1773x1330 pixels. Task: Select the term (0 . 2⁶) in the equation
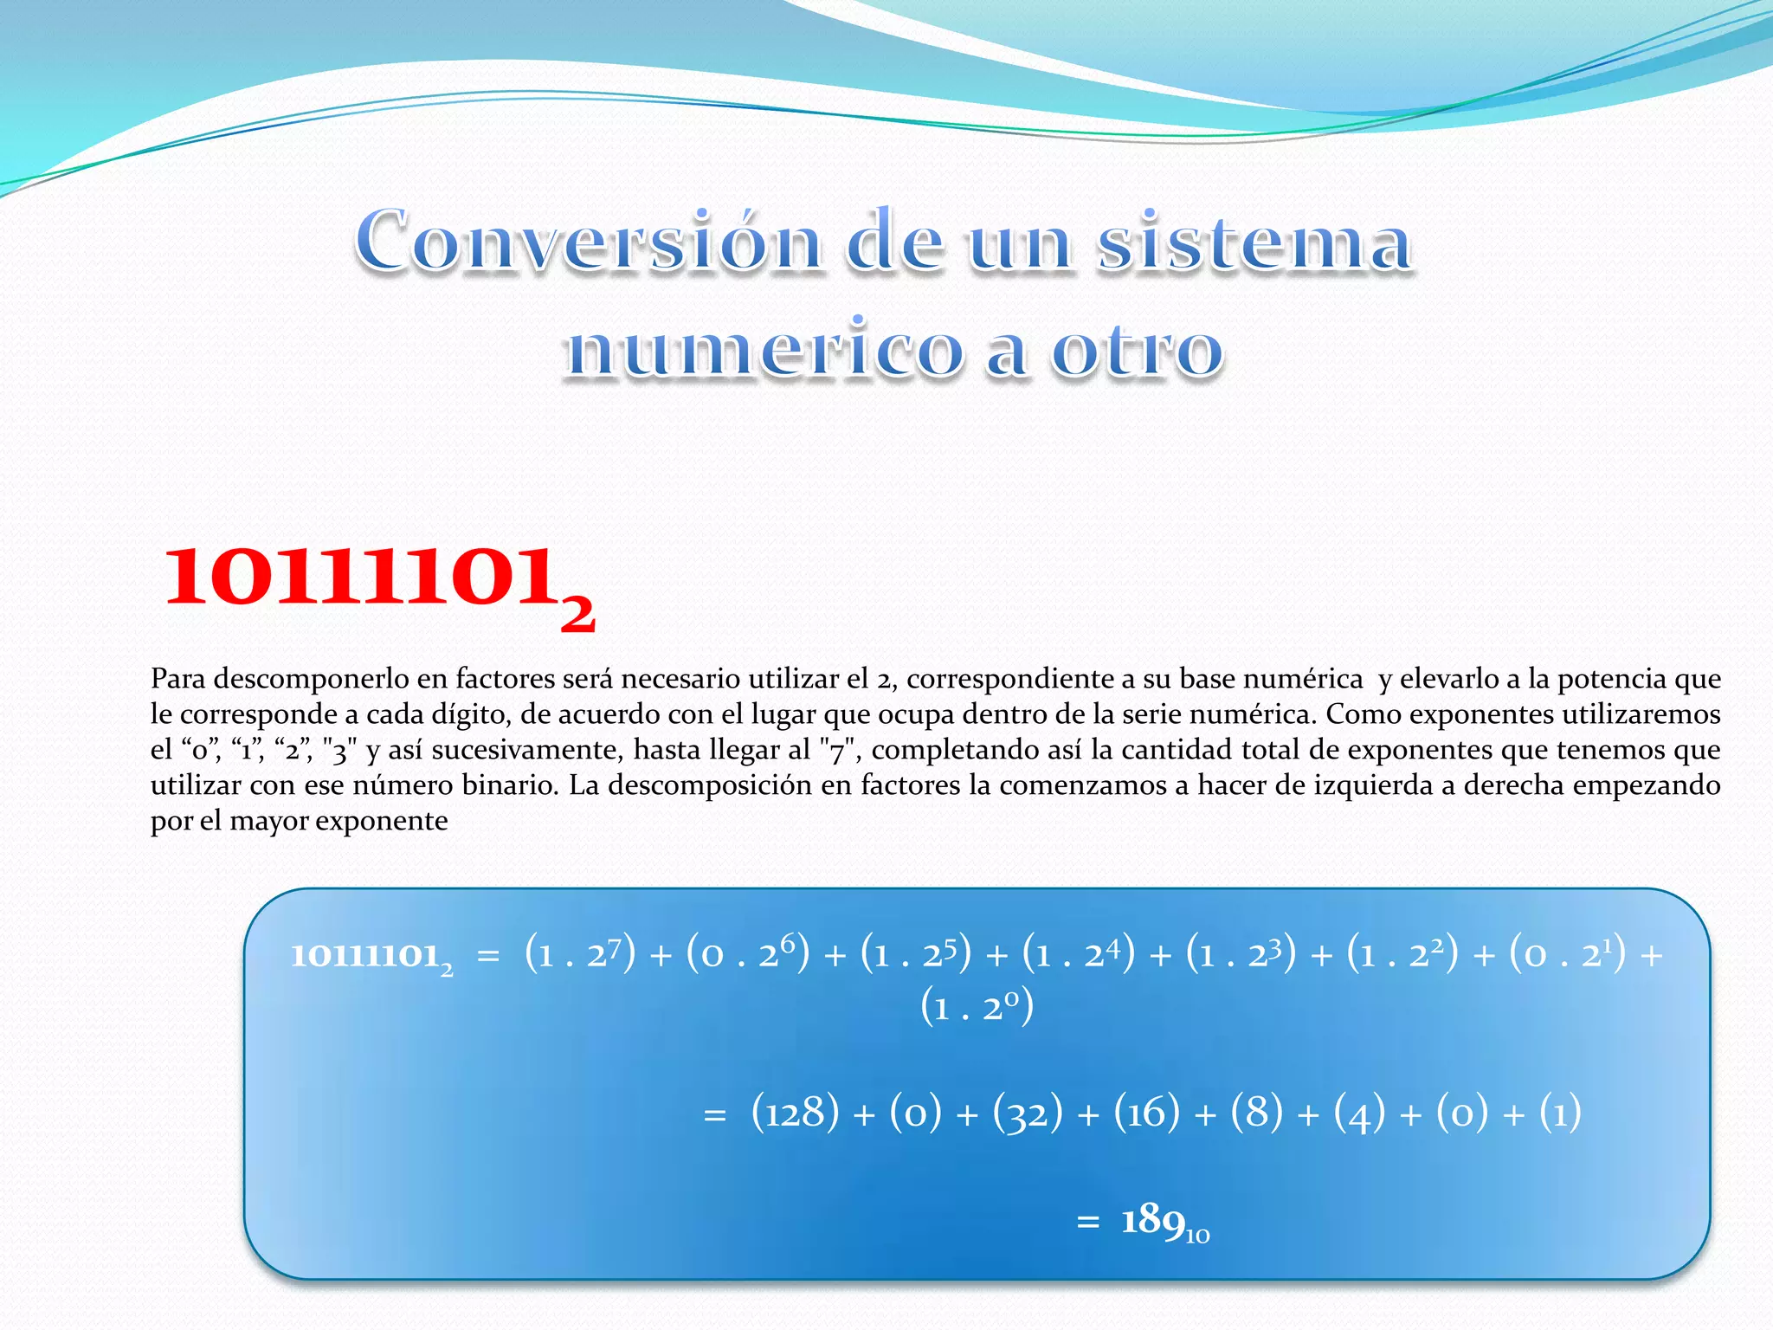748,953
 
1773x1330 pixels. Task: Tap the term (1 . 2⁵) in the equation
916,953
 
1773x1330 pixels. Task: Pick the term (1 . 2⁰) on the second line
977,1006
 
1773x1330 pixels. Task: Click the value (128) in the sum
795,1113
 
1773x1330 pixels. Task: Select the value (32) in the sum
1028,1113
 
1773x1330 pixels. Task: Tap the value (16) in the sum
1146,1113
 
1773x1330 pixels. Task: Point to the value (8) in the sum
1257,1113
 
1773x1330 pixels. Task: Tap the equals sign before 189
1088,1222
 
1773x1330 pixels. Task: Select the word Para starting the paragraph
177,678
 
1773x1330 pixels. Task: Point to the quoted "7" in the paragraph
836,750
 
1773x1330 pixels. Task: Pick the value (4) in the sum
1359,1113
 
